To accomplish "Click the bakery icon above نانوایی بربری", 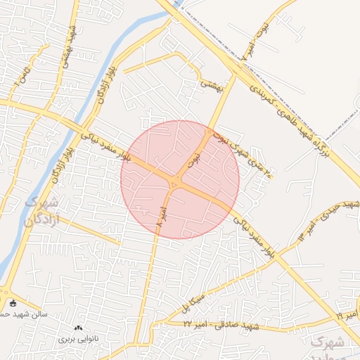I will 77,328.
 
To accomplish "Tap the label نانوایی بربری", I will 77,338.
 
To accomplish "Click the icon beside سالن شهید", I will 13,303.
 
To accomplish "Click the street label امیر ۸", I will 162,215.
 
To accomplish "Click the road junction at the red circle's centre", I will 176,184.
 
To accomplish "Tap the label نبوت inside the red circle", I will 195,161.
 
